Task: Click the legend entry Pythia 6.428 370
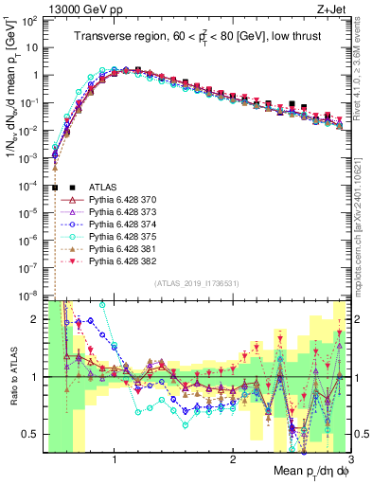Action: point(114,201)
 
